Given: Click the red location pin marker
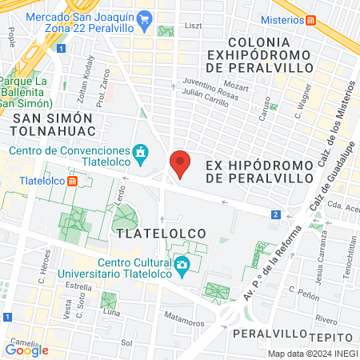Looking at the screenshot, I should pos(181,164).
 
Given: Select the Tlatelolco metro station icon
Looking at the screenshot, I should pos(73,180).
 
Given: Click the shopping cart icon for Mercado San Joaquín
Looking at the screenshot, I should pos(143,18).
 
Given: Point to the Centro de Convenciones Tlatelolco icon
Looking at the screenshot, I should pos(140,151).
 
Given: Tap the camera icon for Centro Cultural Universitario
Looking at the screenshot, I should pos(182,265).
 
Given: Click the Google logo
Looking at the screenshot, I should pos(26,350).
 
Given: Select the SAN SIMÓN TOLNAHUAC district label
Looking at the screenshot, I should pos(54,124).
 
